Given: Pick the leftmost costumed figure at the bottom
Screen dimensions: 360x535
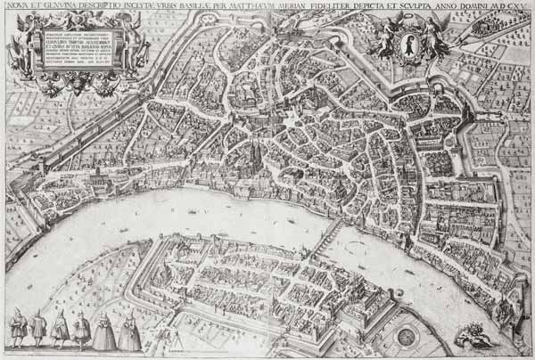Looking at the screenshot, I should (x=17, y=329).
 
